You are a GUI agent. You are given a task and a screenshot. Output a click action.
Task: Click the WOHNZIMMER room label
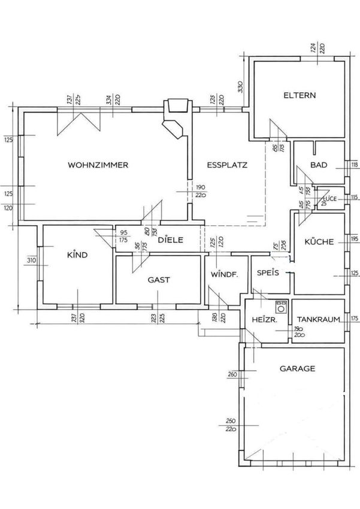pos(99,165)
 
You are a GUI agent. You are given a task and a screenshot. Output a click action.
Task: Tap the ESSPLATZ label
pos(227,165)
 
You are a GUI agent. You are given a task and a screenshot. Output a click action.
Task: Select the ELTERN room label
pos(300,96)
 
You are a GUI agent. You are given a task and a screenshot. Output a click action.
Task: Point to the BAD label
pos(319,165)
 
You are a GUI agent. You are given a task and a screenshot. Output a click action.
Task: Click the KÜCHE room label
pos(319,242)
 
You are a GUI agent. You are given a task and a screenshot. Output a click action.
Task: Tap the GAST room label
pos(159,279)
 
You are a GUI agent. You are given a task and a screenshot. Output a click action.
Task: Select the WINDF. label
pos(224,275)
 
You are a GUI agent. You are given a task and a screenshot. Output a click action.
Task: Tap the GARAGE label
pos(297,369)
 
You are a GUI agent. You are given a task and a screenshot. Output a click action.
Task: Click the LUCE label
pos(331,198)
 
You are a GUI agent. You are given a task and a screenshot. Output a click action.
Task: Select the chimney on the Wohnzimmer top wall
pos(178,106)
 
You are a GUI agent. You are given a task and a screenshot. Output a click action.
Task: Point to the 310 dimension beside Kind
pos(32,260)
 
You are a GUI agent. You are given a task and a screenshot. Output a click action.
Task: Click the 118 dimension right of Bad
pos(354,165)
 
